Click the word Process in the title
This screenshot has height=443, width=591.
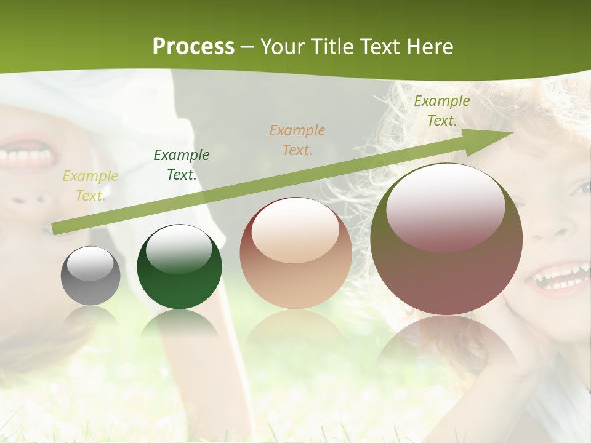pos(193,47)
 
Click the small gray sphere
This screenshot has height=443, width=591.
pos(90,276)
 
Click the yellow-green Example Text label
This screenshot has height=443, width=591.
pos(90,186)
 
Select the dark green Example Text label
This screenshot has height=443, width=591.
pos(181,165)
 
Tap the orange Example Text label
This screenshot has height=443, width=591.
pos(297,140)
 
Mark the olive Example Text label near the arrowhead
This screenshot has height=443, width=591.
pos(441,111)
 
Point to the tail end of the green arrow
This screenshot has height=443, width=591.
pos(55,229)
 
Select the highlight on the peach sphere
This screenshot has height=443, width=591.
pos(295,229)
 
